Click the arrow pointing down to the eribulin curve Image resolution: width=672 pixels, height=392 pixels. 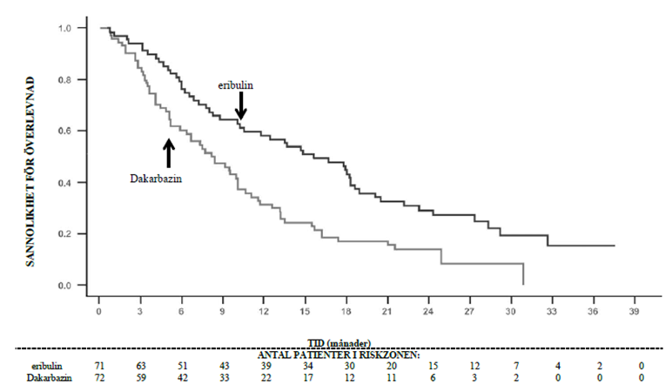coord(241,106)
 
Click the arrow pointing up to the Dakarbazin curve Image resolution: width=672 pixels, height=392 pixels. coord(169,152)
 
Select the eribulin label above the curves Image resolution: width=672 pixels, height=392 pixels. coord(236,86)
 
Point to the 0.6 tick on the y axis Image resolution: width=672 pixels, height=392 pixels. coord(66,131)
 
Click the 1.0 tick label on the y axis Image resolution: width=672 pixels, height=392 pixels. coord(66,28)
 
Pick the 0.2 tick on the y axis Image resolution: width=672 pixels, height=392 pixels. coord(66,233)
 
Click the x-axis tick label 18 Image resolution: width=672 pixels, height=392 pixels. coord(346,311)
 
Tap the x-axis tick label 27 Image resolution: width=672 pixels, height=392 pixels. coord(469,311)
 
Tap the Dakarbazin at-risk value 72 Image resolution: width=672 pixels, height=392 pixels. coord(99,377)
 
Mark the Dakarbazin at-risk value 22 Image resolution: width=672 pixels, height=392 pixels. coord(266,377)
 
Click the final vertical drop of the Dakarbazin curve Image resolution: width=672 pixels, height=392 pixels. coord(523,274)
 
